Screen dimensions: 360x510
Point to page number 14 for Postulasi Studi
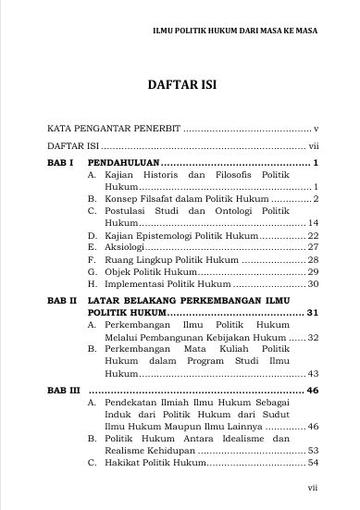tap(313, 224)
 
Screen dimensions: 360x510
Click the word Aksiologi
tap(129, 248)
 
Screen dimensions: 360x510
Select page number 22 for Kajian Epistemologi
tap(313, 236)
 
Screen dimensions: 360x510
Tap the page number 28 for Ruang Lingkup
tap(313, 260)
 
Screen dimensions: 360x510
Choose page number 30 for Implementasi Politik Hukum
tap(313, 284)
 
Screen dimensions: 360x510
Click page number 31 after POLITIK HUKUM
tap(313, 313)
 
